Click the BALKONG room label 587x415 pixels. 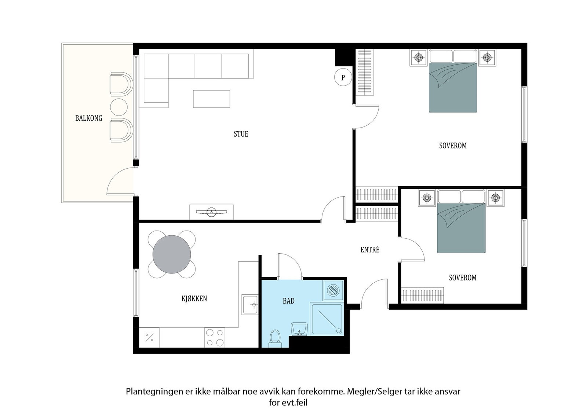click(88, 118)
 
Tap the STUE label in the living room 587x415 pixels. click(241, 134)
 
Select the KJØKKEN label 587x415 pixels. click(194, 298)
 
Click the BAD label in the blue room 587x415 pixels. click(288, 301)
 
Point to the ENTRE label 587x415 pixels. click(370, 250)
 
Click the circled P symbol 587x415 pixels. click(343, 77)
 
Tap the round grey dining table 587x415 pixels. click(172, 254)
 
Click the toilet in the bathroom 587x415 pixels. click(275, 338)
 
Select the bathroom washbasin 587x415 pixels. click(299, 329)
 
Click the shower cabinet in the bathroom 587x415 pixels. click(327, 319)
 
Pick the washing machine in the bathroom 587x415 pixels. click(333, 290)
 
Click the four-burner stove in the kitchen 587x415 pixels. click(215, 338)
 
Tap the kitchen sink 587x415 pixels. click(250, 305)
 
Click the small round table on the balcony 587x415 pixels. click(119, 107)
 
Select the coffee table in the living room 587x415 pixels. click(211, 99)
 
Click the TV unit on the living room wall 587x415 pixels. click(211, 212)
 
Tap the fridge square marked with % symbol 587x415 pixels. click(149, 338)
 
